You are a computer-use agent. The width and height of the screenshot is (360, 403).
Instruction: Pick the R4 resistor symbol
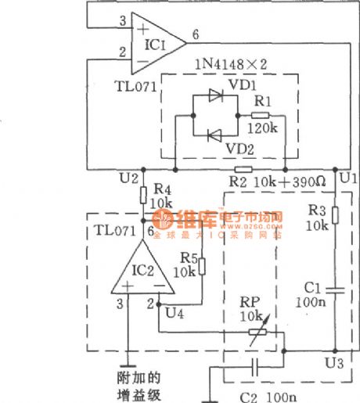(143, 195)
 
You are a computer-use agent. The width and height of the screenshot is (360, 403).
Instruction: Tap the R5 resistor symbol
(201, 266)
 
